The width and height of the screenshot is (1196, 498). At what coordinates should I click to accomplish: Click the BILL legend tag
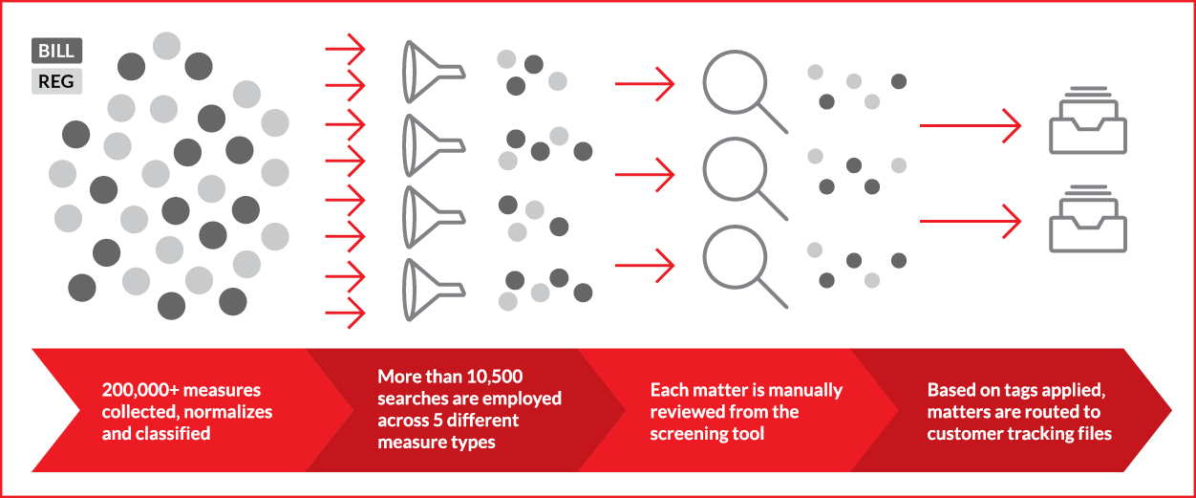tap(56, 51)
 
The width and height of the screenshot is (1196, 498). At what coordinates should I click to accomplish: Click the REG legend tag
tap(56, 81)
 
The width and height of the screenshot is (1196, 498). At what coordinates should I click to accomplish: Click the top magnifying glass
tap(736, 83)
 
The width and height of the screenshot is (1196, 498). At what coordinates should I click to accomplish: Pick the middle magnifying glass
tap(736, 170)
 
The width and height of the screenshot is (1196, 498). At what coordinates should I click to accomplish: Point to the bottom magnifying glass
tap(736, 258)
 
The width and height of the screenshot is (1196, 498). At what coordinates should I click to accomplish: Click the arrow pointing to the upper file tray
tap(971, 125)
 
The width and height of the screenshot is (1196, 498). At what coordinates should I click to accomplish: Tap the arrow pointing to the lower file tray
tap(971, 221)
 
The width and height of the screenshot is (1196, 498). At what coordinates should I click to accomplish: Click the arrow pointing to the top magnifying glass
tap(645, 84)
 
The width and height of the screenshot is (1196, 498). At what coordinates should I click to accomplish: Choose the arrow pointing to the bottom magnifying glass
tap(645, 265)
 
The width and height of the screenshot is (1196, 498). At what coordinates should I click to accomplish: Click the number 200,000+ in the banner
tap(140, 390)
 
